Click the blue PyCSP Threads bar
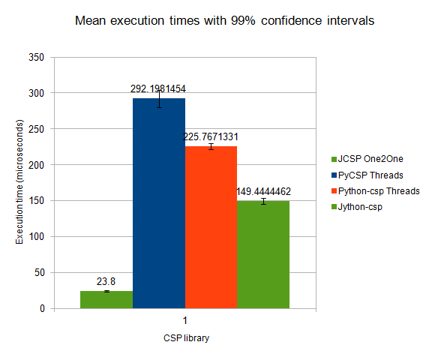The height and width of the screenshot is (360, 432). (x=159, y=203)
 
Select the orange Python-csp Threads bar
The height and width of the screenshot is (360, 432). (x=211, y=227)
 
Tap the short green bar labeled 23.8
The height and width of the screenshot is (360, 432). (x=106, y=300)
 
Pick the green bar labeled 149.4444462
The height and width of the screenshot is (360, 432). (x=263, y=255)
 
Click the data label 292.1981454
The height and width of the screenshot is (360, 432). (x=158, y=89)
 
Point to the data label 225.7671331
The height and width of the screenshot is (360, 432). (x=211, y=137)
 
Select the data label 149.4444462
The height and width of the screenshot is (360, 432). (x=264, y=192)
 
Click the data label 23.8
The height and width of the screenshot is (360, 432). (x=106, y=281)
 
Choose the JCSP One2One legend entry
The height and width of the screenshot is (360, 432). (x=367, y=159)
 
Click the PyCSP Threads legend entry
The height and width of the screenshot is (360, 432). (x=367, y=175)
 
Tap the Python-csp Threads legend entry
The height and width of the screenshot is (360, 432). (x=376, y=191)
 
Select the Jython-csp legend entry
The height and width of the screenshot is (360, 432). (x=357, y=207)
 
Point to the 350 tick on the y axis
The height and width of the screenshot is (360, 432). (x=36, y=57)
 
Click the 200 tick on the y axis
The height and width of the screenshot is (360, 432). (x=36, y=165)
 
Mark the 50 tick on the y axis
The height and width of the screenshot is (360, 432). (x=40, y=273)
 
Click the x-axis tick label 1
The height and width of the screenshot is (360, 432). (x=185, y=320)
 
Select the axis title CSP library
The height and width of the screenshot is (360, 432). (x=186, y=338)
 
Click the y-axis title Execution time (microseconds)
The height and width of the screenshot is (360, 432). (x=19, y=181)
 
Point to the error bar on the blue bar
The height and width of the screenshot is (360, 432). (x=159, y=99)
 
